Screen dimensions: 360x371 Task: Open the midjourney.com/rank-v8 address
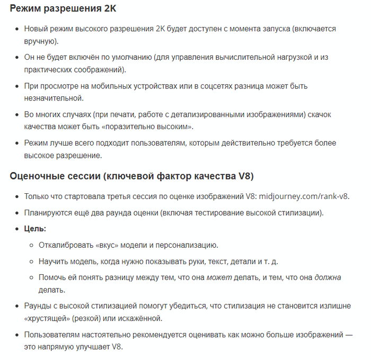(x=304, y=196)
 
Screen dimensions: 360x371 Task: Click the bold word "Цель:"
(x=35, y=229)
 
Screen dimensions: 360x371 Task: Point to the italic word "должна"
(x=328, y=277)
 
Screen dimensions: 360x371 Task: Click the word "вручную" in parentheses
(x=40, y=41)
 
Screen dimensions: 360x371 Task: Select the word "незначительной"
(x=54, y=98)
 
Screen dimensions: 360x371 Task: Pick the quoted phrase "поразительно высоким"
(x=141, y=127)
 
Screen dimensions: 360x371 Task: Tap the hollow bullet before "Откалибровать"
(x=31, y=246)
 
